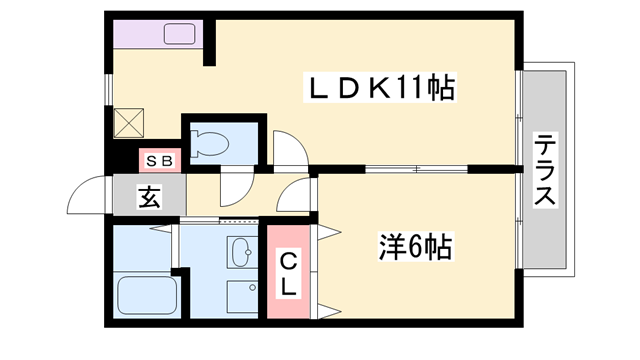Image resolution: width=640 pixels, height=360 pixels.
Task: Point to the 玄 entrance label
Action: (149, 196)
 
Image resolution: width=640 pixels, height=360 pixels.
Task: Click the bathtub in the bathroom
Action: (147, 295)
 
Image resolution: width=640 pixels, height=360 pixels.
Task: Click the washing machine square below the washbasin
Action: (242, 296)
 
